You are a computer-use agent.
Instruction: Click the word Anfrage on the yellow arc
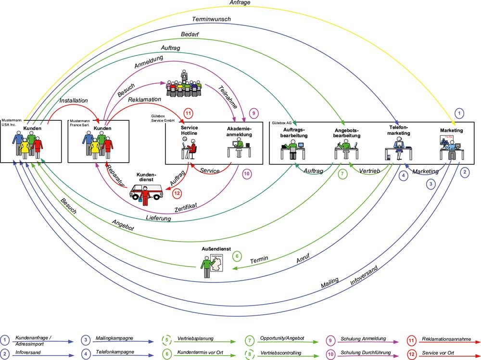pyautogui.click(x=240, y=3)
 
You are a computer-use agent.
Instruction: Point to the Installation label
pyautogui.click(x=73, y=101)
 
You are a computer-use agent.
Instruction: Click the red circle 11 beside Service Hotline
pyautogui.click(x=189, y=114)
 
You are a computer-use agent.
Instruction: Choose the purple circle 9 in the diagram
pyautogui.click(x=253, y=114)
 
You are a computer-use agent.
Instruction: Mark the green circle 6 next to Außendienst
pyautogui.click(x=237, y=256)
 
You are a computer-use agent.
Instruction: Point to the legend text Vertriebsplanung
pyautogui.click(x=195, y=338)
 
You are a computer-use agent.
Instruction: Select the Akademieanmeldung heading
pyautogui.click(x=240, y=132)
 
